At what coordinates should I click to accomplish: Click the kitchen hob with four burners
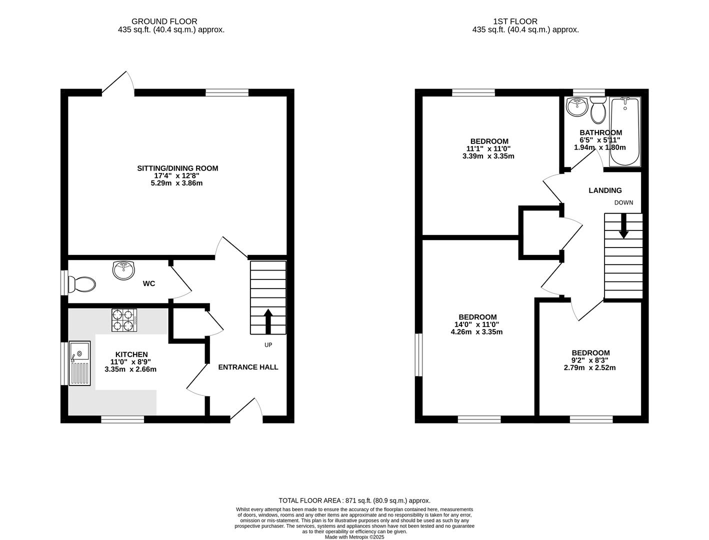(x=124, y=320)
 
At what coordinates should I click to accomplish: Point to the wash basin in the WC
(x=123, y=270)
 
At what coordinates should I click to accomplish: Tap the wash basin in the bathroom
(x=577, y=107)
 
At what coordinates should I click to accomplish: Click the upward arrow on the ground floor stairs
(x=267, y=321)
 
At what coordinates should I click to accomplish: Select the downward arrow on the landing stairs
(x=623, y=226)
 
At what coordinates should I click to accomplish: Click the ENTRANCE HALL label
(x=248, y=367)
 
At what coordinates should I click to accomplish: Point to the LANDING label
(x=605, y=190)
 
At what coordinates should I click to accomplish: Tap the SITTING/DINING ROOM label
(x=177, y=168)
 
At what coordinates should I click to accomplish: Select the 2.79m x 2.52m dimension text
(x=590, y=367)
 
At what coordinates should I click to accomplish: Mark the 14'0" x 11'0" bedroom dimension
(x=477, y=324)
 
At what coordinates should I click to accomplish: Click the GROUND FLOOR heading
(x=164, y=21)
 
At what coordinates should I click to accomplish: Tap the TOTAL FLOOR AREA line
(x=354, y=500)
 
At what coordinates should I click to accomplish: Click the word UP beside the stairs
(x=268, y=345)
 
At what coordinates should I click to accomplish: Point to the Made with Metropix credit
(x=354, y=537)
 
